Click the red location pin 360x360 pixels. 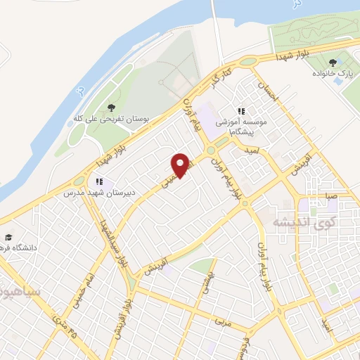click(181, 165)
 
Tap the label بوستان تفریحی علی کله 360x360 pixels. click(110, 120)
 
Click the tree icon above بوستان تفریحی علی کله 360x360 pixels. click(111, 108)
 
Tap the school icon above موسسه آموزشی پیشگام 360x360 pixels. click(241, 111)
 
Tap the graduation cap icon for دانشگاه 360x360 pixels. click(8, 237)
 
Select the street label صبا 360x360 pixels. click(331, 195)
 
